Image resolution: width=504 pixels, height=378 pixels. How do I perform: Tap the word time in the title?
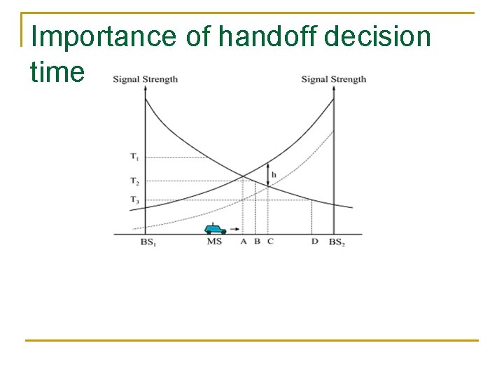pyautogui.click(x=57, y=71)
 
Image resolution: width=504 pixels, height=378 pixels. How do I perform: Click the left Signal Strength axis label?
pyautogui.click(x=145, y=79)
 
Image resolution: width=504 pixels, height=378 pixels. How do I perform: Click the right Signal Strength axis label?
pyautogui.click(x=333, y=79)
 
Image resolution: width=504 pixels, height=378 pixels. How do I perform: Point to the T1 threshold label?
pyautogui.click(x=134, y=157)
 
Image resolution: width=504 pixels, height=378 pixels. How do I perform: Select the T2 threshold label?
pyautogui.click(x=134, y=181)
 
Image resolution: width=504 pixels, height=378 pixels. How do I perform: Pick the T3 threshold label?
pyautogui.click(x=134, y=200)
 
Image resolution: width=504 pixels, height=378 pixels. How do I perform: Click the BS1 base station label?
pyautogui.click(x=148, y=242)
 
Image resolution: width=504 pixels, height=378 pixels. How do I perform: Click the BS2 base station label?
pyautogui.click(x=337, y=242)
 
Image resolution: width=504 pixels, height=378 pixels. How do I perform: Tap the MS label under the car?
pyautogui.click(x=214, y=242)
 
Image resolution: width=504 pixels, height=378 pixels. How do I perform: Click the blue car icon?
pyautogui.click(x=215, y=229)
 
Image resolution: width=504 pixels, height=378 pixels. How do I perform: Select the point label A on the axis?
pyautogui.click(x=244, y=242)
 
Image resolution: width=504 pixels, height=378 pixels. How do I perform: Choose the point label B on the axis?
pyautogui.click(x=257, y=242)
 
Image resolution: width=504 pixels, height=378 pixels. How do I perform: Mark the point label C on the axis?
pyautogui.click(x=270, y=242)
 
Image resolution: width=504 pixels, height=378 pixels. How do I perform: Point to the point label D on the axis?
pyautogui.click(x=314, y=242)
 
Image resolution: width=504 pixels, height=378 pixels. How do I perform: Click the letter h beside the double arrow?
pyautogui.click(x=274, y=174)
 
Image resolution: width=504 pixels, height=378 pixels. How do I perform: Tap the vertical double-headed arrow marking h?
pyautogui.click(x=268, y=174)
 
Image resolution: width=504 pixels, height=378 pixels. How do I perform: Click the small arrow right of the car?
pyautogui.click(x=234, y=230)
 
